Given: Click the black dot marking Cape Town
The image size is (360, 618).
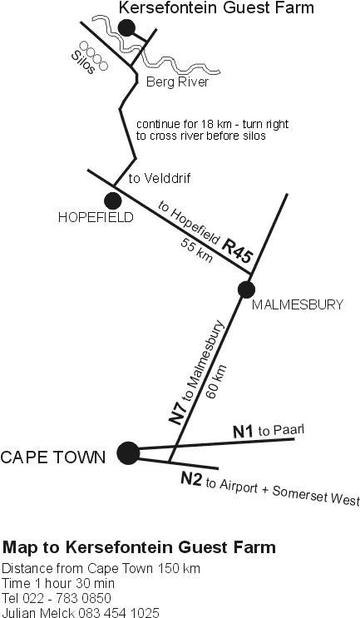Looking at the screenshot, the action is click(128, 452).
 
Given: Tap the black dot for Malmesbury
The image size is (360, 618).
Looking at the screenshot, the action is click(247, 289).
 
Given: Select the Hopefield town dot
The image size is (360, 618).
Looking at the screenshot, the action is click(112, 201).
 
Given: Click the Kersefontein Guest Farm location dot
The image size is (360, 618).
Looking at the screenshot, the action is click(127, 28).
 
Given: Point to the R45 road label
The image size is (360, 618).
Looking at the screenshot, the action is click(236, 251).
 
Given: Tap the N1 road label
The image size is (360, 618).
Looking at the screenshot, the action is click(243, 432).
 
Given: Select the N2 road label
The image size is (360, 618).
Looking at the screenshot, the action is click(191, 479).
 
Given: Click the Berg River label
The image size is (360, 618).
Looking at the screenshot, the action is click(177, 82).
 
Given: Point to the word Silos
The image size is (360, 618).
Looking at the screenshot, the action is click(82, 62).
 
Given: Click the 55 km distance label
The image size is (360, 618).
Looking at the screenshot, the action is click(196, 250).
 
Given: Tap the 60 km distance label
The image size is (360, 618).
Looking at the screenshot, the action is click(217, 382).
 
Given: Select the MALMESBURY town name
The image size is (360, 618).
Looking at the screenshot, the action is click(298, 304).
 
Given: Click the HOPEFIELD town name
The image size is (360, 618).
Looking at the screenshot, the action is click(96, 218).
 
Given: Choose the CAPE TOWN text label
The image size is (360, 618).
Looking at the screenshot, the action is click(53, 457).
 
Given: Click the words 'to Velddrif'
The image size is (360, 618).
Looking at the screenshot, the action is click(160, 179).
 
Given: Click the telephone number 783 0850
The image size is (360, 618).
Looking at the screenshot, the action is click(82, 598).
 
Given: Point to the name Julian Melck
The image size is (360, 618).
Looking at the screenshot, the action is click(38, 612).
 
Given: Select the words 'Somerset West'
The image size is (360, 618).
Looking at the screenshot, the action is click(316, 496).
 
